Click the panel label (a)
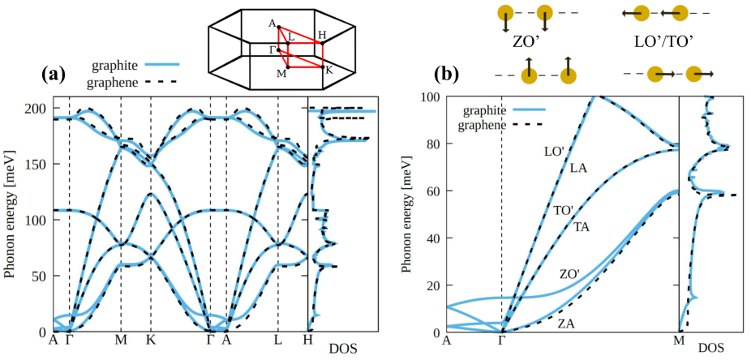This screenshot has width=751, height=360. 53,75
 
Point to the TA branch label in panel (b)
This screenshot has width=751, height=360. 582,227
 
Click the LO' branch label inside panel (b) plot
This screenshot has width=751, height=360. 554,151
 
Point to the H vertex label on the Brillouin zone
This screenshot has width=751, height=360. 322,35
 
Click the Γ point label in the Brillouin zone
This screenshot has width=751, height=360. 272,49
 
